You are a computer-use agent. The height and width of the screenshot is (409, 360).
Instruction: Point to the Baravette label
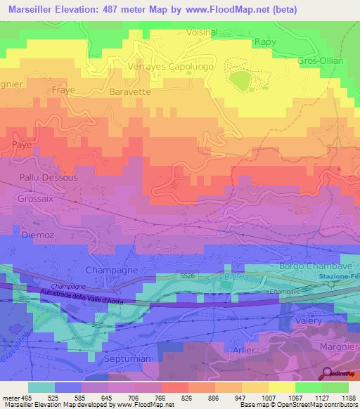click(x=130, y=91)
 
